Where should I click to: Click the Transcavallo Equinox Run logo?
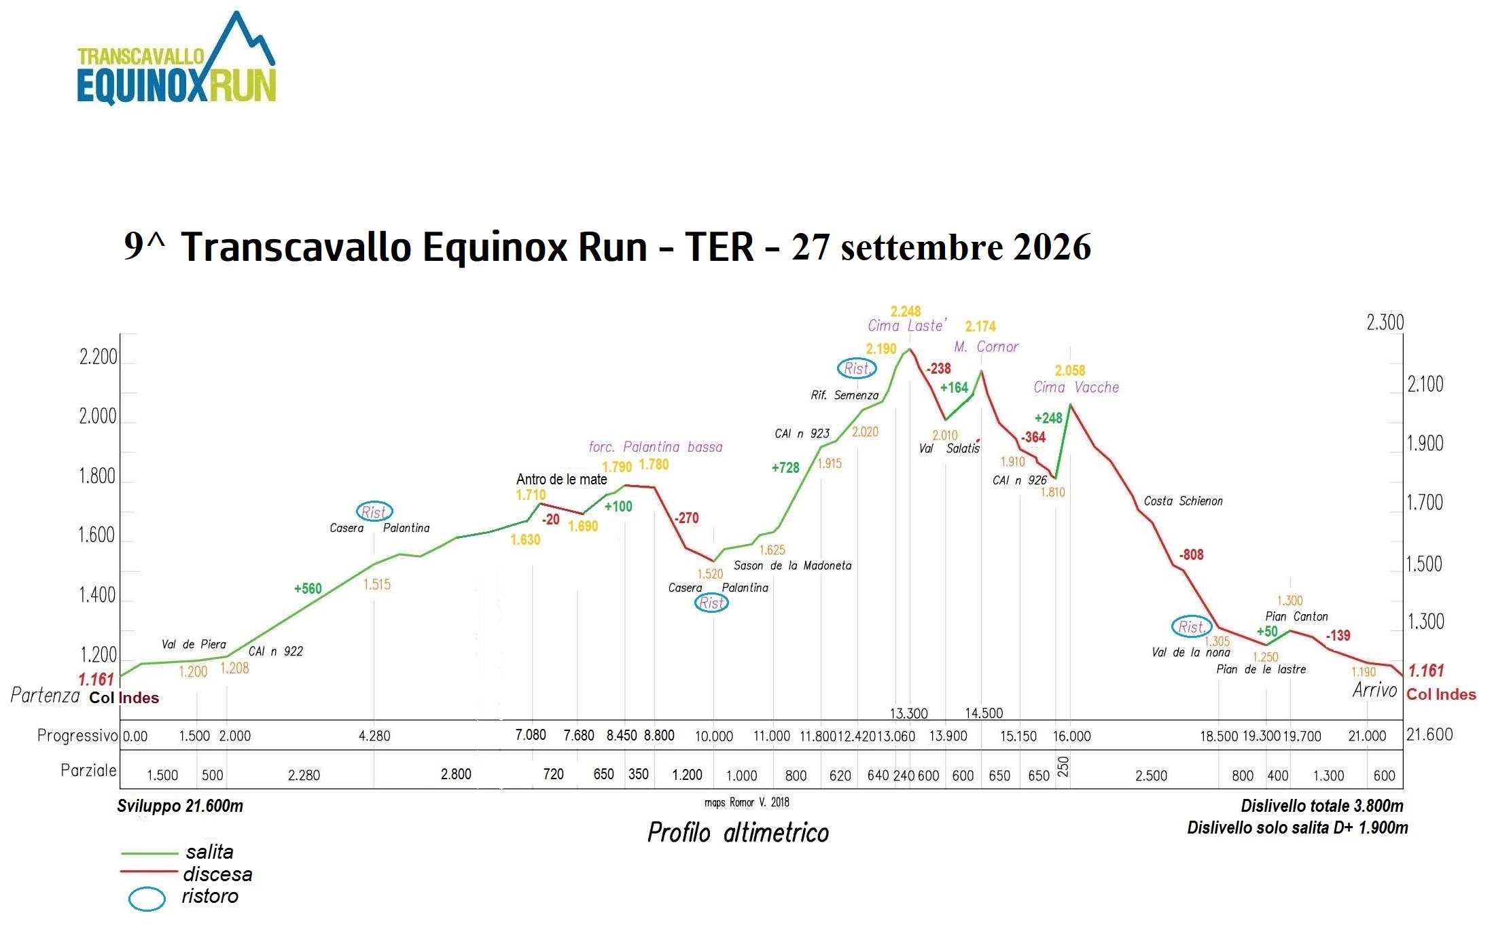point(177,59)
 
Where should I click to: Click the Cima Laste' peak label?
point(906,326)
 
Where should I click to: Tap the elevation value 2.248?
point(906,311)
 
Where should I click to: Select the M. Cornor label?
point(986,346)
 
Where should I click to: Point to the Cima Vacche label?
point(1076,387)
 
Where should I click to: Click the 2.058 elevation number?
point(1070,370)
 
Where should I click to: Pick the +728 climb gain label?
point(785,467)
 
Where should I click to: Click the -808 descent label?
point(1191,554)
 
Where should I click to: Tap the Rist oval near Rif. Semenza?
point(857,368)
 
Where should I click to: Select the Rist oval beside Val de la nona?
point(1191,626)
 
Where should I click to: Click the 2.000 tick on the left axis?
point(98,416)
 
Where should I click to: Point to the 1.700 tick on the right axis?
point(1425,503)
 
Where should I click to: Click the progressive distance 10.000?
point(714,736)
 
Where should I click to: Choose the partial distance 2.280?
point(304,775)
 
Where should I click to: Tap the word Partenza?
point(45,695)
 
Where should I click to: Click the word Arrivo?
point(1374,690)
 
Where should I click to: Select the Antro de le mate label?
point(561,479)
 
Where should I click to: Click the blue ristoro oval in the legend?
point(147,899)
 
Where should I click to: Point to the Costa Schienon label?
point(1183,501)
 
